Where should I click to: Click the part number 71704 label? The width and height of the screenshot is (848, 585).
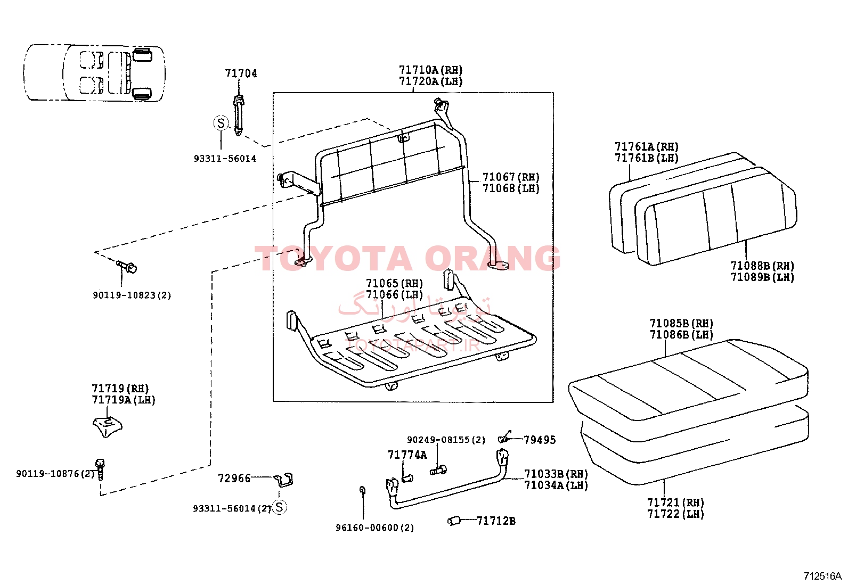241,73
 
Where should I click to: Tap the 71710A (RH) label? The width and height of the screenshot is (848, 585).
430,70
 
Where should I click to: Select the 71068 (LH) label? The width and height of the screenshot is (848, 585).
511,188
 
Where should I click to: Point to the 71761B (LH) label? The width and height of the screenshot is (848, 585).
647,158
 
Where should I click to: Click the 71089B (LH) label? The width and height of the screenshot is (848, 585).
762,277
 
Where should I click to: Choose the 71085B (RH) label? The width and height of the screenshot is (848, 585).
681,324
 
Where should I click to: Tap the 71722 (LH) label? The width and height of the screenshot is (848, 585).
675,514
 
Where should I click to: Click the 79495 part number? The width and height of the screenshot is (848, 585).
540,440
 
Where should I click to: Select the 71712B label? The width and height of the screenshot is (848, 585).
496,521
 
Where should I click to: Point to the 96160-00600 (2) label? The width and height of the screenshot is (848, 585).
375,528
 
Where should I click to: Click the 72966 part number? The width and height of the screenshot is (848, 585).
234,479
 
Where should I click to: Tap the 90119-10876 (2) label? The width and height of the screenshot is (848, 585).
55,474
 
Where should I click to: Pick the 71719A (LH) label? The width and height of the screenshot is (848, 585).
124,400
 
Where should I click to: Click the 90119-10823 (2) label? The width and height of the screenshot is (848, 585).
132,295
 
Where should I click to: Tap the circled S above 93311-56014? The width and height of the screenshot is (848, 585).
221,123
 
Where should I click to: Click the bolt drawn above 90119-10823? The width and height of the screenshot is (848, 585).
126,266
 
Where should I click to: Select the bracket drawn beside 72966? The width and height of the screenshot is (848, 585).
283,480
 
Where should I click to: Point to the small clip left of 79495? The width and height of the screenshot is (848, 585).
505,437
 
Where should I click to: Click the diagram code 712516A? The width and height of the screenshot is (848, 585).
822,576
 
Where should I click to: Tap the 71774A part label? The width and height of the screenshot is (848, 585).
407,455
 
